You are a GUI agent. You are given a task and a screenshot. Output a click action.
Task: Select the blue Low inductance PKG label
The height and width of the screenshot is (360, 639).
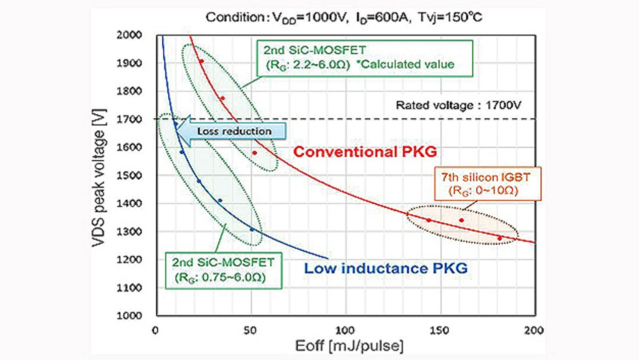pyautogui.click(x=385, y=269)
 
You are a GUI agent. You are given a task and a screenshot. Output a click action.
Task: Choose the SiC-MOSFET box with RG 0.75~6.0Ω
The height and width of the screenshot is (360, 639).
pyautogui.click(x=223, y=270)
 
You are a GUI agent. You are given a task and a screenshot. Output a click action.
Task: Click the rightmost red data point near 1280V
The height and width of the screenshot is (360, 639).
pyautogui.click(x=499, y=238)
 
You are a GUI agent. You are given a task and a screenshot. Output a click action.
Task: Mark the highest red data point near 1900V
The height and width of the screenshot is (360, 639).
pyautogui.click(x=201, y=61)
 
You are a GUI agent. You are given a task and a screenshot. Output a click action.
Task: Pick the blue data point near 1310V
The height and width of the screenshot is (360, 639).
pyautogui.click(x=252, y=230)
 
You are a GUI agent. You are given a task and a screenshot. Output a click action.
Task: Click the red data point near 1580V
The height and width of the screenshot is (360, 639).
pyautogui.click(x=255, y=153)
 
